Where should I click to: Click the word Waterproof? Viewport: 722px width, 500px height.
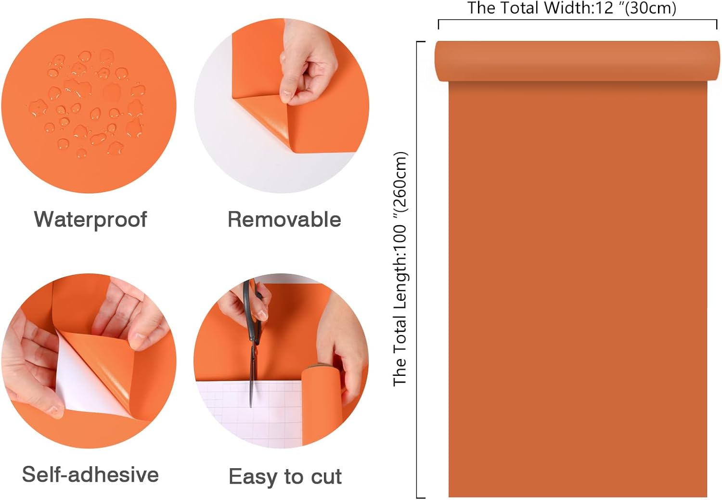90,220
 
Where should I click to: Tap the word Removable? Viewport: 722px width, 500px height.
284,220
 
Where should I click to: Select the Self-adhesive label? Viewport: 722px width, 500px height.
90,474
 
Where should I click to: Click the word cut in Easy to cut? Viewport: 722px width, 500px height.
326,476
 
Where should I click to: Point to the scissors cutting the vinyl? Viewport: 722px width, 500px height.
253,342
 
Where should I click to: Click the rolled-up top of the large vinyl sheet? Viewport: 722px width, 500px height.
577,61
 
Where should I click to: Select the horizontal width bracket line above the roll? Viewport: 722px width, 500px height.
577,20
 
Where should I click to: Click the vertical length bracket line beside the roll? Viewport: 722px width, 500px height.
417,269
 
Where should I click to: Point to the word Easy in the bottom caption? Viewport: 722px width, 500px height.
253,477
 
